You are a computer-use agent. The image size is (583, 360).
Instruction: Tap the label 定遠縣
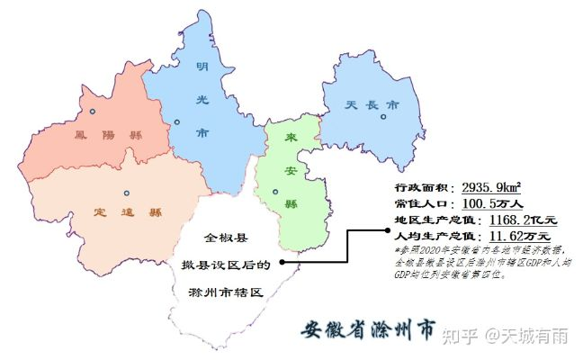[x=128, y=213]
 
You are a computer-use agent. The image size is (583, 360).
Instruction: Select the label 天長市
[x=372, y=105]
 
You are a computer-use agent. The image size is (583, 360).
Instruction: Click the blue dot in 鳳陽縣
[x=92, y=112]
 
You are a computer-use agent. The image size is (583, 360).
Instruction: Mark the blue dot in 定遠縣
[x=126, y=193]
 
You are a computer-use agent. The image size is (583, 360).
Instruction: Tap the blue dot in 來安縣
[x=277, y=192]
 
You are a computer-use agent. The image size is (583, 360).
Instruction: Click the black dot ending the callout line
[x=282, y=263]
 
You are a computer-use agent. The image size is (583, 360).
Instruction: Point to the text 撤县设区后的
[x=226, y=265]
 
